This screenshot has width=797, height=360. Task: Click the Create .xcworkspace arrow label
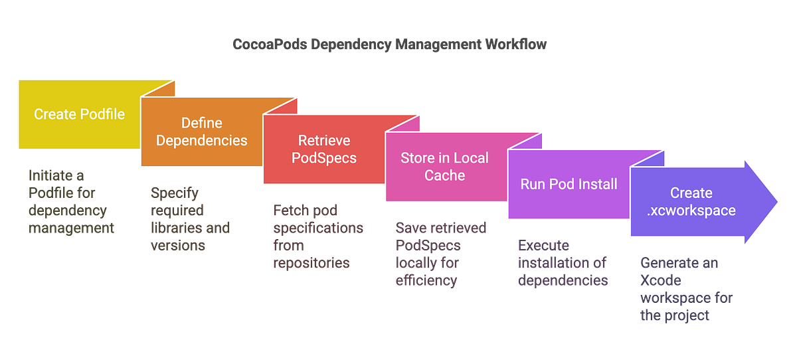pyautogui.click(x=691, y=201)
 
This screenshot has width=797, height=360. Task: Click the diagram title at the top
pyautogui.click(x=390, y=45)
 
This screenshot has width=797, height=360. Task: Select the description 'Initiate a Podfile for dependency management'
pyautogui.click(x=70, y=202)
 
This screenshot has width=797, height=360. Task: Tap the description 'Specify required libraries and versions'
pyautogui.click(x=189, y=219)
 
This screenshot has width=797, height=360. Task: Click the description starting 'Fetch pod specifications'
pyautogui.click(x=317, y=236)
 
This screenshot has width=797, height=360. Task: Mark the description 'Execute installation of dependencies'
pyautogui.click(x=563, y=262)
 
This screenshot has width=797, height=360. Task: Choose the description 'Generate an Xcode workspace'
pyautogui.click(x=685, y=289)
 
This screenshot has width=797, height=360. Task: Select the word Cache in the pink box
pyautogui.click(x=444, y=176)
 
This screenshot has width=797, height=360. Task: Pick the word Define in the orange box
pyautogui.click(x=202, y=123)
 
